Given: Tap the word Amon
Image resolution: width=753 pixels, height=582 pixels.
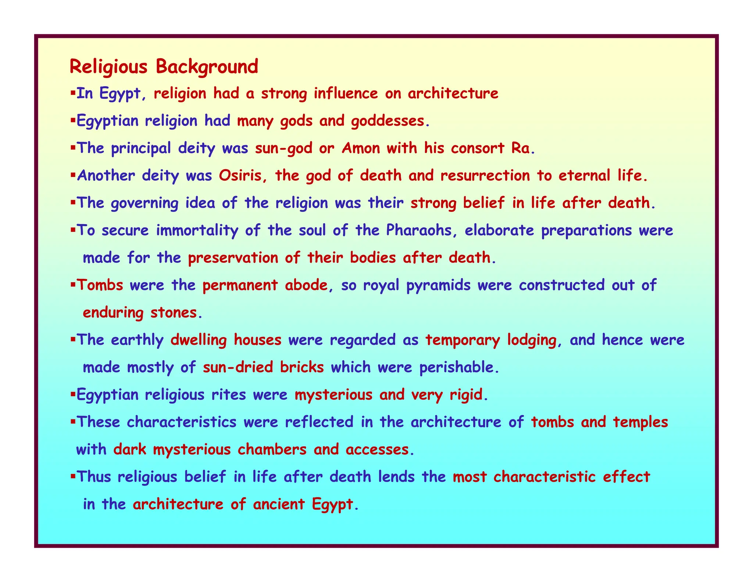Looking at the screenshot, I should (361, 148).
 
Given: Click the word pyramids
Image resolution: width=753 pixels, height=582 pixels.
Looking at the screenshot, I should (438, 285).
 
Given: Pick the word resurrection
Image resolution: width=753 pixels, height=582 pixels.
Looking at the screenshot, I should (485, 175).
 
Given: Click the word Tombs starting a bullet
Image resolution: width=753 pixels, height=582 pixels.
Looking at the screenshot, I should (100, 285).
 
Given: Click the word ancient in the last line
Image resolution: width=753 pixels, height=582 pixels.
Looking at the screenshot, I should (278, 504).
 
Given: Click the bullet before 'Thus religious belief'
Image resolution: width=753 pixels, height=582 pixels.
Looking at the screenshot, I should (72, 476).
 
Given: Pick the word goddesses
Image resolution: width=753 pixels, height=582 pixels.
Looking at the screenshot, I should (388, 121).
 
